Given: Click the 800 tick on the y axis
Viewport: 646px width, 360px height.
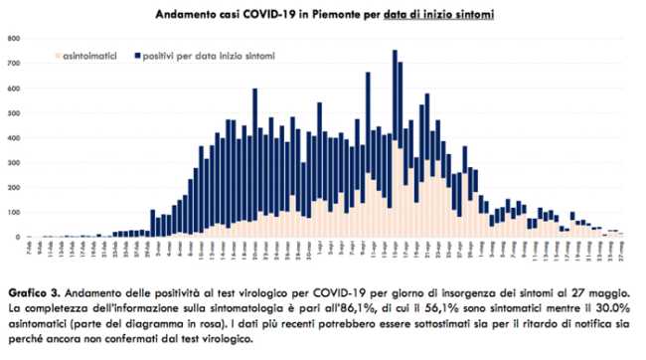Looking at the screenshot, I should (x=13, y=39).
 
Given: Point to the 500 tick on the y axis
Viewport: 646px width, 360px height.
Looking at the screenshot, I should (x=13, y=113).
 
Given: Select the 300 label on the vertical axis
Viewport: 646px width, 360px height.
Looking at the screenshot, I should (x=13, y=163).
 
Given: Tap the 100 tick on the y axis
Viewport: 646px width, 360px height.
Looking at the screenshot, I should (x=13, y=213).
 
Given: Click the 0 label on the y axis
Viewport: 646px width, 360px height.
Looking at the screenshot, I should (x=17, y=238).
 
